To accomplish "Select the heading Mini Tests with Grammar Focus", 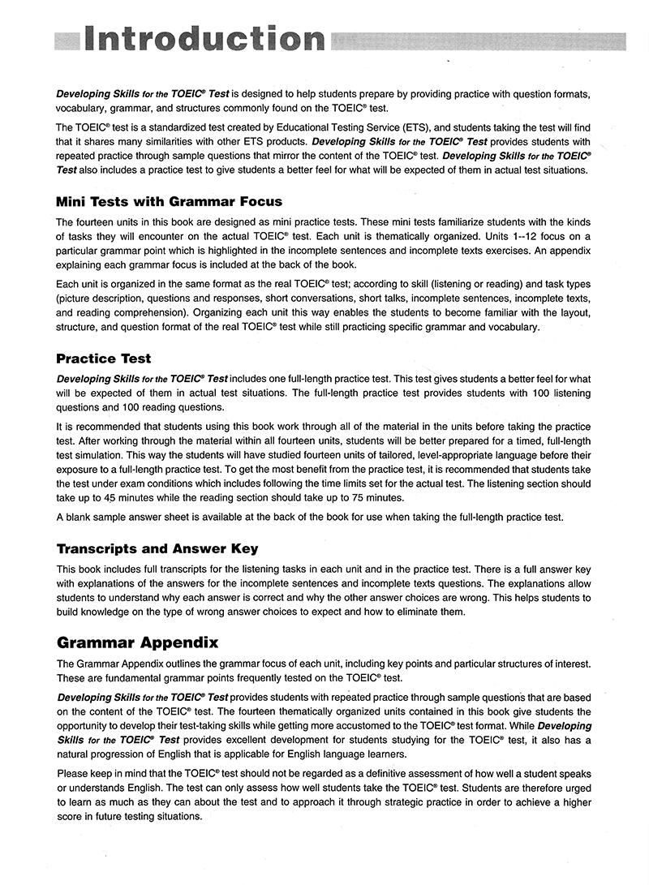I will click(x=169, y=201).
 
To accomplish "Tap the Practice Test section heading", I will click(x=104, y=359).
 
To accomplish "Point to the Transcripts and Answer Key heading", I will click(x=157, y=548).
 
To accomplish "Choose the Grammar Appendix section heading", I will click(x=137, y=643).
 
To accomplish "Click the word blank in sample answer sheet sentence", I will click(x=79, y=517).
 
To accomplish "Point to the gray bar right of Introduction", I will click(x=479, y=40).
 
